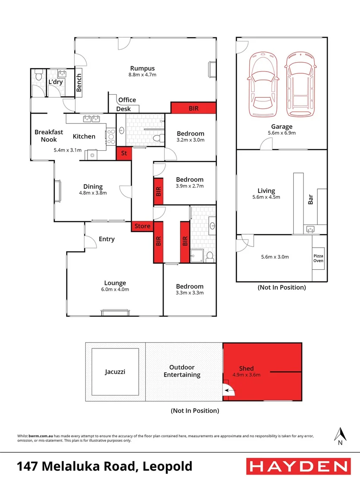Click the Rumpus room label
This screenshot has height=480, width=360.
click(142, 68)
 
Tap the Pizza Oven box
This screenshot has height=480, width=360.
click(318, 261)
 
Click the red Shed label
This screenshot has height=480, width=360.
click(246, 368)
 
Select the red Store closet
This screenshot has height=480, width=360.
click(143, 226)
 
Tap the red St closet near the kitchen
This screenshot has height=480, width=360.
click(124, 153)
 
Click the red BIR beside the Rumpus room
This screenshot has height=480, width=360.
click(193, 108)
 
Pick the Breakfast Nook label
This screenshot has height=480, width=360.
click(49, 136)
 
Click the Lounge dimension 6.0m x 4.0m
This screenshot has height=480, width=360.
click(115, 289)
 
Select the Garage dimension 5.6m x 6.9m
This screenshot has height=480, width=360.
click(282, 133)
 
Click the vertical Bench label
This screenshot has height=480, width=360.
click(79, 82)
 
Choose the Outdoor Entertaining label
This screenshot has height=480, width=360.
click(182, 371)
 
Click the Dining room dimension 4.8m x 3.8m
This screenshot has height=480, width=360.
click(93, 193)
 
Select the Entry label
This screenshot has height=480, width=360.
click(107, 239)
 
